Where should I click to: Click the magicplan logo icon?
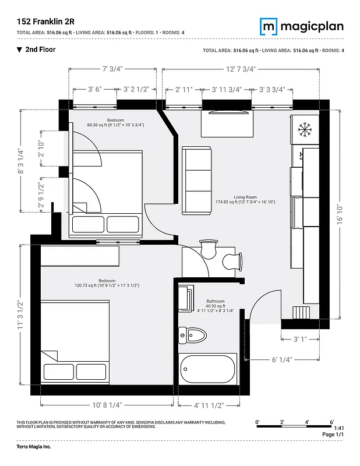[x=269, y=26]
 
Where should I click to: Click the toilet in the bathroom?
[x=193, y=335]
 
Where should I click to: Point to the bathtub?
[x=208, y=368]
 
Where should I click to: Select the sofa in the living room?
[x=197, y=180]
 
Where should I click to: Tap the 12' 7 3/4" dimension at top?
[x=241, y=69]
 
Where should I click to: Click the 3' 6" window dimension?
[x=95, y=89]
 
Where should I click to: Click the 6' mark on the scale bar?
[x=331, y=422]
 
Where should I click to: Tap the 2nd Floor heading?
[x=40, y=50]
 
